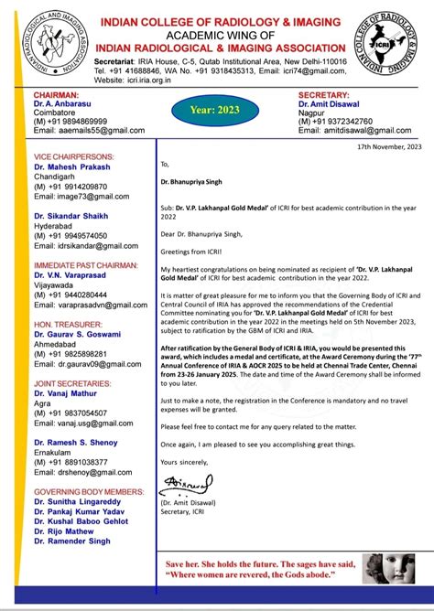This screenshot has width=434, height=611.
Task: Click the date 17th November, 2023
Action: tap(387, 147)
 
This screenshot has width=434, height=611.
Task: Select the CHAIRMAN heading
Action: tap(57, 95)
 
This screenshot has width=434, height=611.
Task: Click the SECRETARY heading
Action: tap(324, 95)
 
